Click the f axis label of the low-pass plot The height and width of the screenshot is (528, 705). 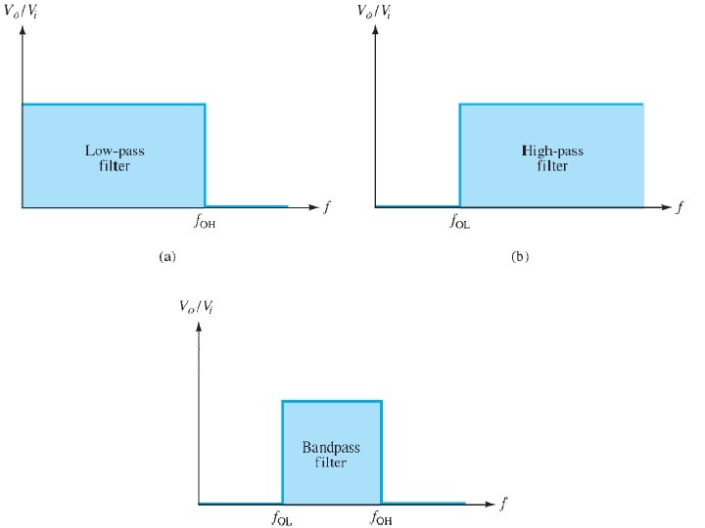326,207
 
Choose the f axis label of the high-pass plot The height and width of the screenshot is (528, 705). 680,207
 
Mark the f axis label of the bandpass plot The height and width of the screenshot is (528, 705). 503,504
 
